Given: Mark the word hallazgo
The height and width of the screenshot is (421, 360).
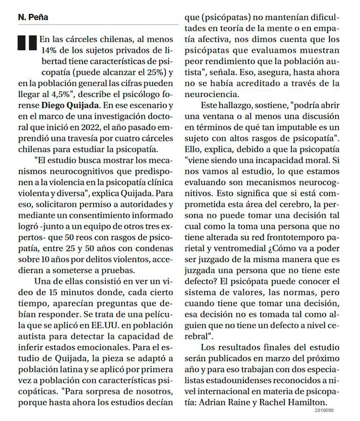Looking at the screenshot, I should pos(238,106).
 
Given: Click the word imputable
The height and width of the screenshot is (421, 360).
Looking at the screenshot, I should pos(298,128).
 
